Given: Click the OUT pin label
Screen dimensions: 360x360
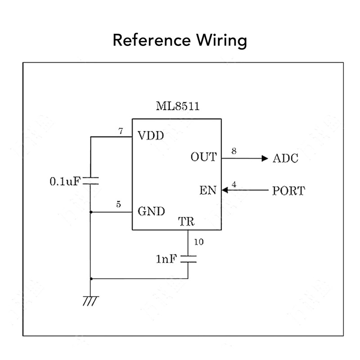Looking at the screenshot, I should point(203,157).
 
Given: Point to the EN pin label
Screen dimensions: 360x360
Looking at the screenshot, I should point(207,191).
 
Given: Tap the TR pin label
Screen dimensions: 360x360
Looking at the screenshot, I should point(186,222).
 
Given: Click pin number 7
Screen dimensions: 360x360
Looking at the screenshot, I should point(120,131).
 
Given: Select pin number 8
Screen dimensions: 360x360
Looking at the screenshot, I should point(234,151).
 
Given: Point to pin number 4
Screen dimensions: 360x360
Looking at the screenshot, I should point(234,184).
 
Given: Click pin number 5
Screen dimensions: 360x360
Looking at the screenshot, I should point(118,205).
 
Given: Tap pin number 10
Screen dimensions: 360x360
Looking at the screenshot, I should point(198,242).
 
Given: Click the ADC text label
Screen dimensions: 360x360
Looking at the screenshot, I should point(285,158).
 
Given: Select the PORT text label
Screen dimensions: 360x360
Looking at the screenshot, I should point(288,191).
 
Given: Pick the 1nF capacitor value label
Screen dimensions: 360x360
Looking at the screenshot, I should point(167,259).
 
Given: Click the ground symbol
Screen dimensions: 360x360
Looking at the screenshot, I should point(90,301).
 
